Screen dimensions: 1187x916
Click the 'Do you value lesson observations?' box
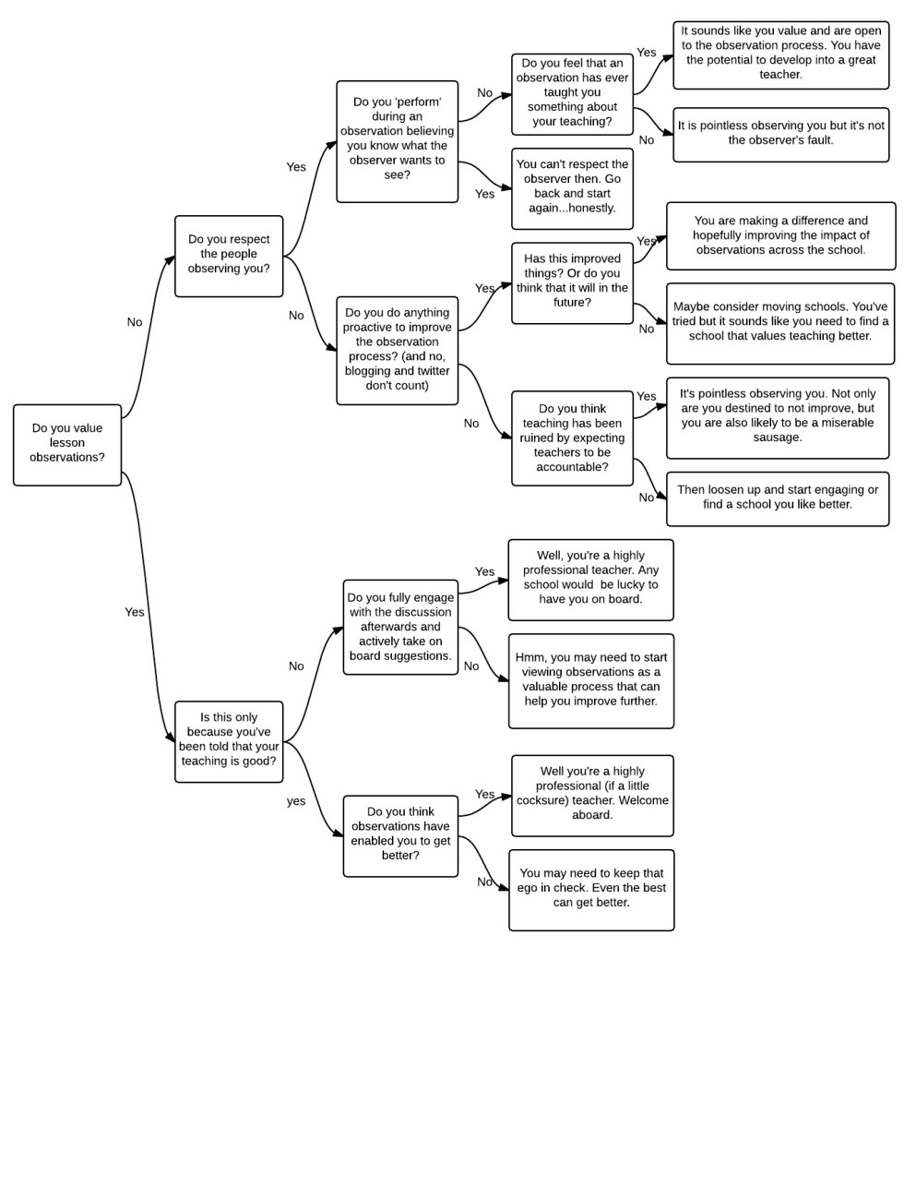click(67, 444)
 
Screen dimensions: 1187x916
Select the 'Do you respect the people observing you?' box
click(229, 256)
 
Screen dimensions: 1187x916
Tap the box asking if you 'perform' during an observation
click(397, 141)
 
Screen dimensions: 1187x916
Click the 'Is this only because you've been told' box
click(229, 741)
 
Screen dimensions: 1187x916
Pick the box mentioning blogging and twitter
click(397, 350)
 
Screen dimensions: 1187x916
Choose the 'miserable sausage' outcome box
click(777, 417)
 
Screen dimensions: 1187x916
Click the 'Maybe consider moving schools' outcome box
click(779, 323)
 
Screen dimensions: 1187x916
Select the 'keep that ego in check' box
click(591, 889)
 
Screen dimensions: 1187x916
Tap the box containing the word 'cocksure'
click(592, 795)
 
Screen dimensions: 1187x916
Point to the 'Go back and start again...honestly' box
click(572, 188)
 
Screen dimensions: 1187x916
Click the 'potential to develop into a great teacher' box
click(780, 54)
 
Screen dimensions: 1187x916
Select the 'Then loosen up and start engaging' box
click(777, 498)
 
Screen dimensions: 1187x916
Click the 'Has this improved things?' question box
click(572, 282)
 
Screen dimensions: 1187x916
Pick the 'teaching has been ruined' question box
click(572, 438)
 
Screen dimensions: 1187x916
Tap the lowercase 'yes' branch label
click(296, 801)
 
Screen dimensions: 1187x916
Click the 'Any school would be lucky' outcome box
click(590, 579)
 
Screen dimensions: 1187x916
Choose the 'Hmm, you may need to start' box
click(590, 680)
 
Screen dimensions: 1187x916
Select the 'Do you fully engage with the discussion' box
click(400, 627)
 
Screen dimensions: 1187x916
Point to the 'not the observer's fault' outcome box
click(780, 134)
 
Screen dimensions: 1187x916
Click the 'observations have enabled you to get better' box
click(400, 835)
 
